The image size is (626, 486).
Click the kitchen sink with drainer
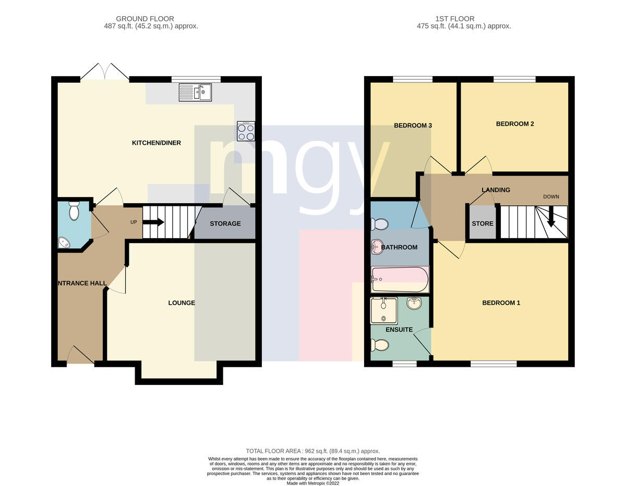click(x=195, y=92)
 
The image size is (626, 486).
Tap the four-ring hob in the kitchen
click(x=246, y=131)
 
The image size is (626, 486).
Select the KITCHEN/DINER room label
click(x=156, y=143)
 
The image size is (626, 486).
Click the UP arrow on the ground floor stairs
click(x=153, y=222)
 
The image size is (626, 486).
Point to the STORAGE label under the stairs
click(x=225, y=224)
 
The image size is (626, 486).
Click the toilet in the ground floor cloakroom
click(x=74, y=211)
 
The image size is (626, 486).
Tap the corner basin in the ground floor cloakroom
click(x=64, y=242)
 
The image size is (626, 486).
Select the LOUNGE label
click(x=182, y=303)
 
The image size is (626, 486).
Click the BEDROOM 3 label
click(x=413, y=126)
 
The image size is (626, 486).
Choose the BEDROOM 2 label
click(x=515, y=124)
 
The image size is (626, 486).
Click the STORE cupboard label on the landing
click(x=483, y=223)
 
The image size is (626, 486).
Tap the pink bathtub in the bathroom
click(x=400, y=279)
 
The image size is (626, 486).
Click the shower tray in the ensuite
click(x=384, y=311)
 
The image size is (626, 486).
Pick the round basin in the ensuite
click(x=415, y=303)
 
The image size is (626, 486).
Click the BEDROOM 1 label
click(x=501, y=303)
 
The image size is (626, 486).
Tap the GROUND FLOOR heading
click(x=145, y=19)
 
